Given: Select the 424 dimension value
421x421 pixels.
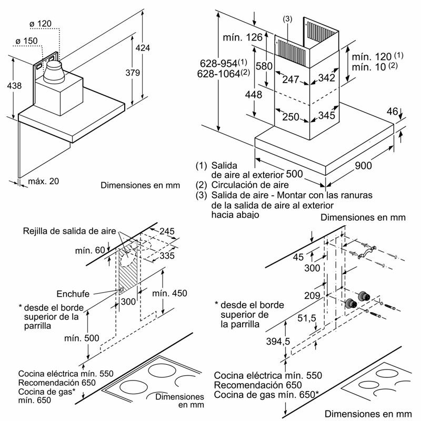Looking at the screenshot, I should pos(142,48).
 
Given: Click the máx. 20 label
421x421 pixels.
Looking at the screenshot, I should pos(44,181).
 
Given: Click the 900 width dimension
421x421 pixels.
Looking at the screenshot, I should pos(363,165).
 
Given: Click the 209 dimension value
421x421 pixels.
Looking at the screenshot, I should pos(312,296).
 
